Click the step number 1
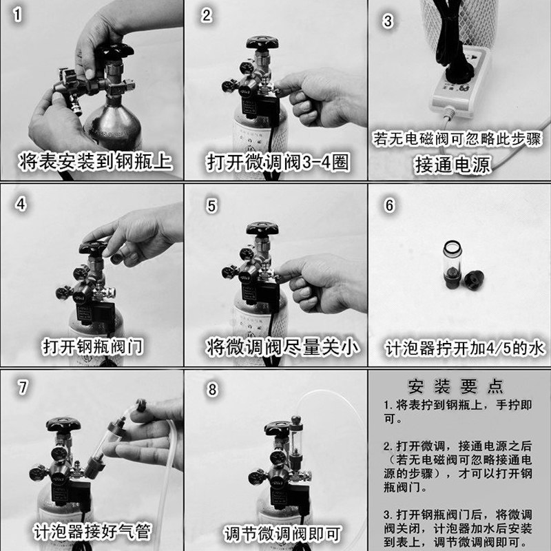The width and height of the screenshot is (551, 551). pos(17,14)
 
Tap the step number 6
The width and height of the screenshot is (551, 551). pos(389,205)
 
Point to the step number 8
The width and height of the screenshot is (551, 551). pos(212,389)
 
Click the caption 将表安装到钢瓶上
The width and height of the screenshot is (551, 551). pos(95,161)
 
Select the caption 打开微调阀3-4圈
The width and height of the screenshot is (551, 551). pos(278,163)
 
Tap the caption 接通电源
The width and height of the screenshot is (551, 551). pos(453,165)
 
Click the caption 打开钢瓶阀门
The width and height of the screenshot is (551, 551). pos(93,346)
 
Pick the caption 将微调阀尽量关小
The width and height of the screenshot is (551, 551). pos(282,347)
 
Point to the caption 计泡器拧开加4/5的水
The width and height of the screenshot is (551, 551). pos(464,349)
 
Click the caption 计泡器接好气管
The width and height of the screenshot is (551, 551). pos(92,531)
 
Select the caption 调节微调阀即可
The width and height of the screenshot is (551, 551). pos(282,533)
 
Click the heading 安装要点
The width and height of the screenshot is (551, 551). pos(455,386)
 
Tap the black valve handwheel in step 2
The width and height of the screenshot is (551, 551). pos(262,43)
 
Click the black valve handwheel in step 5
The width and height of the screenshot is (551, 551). pos(262,229)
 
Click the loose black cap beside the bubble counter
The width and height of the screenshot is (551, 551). pos(474,279)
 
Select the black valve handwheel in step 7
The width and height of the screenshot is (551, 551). pos(63,425)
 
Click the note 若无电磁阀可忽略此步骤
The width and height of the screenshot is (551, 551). pos(457,138)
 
